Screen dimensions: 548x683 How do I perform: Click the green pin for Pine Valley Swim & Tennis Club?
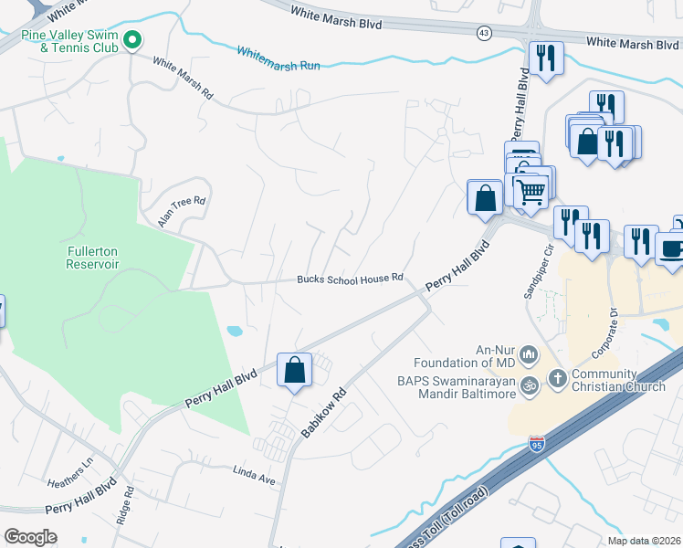pyautogui.click(x=132, y=39)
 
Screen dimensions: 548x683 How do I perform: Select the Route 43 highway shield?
pyautogui.click(x=482, y=33)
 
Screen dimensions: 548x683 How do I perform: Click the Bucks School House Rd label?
pyautogui.click(x=350, y=279)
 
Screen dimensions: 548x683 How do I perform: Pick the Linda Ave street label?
pyautogui.click(x=255, y=479)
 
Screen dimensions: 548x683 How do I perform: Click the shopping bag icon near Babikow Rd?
pyautogui.click(x=294, y=370)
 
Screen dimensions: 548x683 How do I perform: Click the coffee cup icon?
pyautogui.click(x=671, y=248)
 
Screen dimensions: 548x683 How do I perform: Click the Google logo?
pyautogui.click(x=31, y=536)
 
